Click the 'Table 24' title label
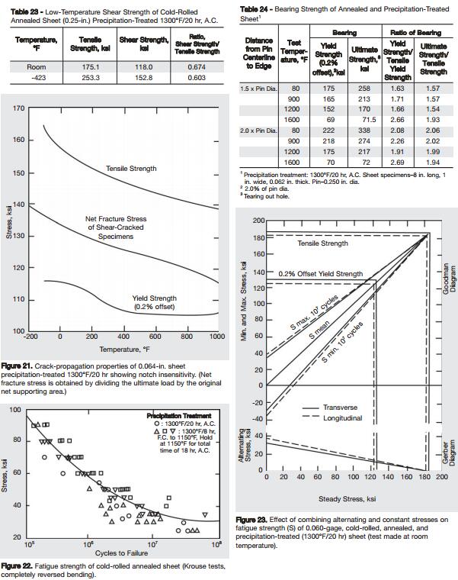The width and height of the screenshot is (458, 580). [255, 7]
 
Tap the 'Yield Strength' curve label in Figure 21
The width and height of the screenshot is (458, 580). [154, 299]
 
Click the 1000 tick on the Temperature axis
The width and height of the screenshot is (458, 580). [216, 337]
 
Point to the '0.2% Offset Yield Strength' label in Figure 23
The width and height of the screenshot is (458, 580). [320, 273]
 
